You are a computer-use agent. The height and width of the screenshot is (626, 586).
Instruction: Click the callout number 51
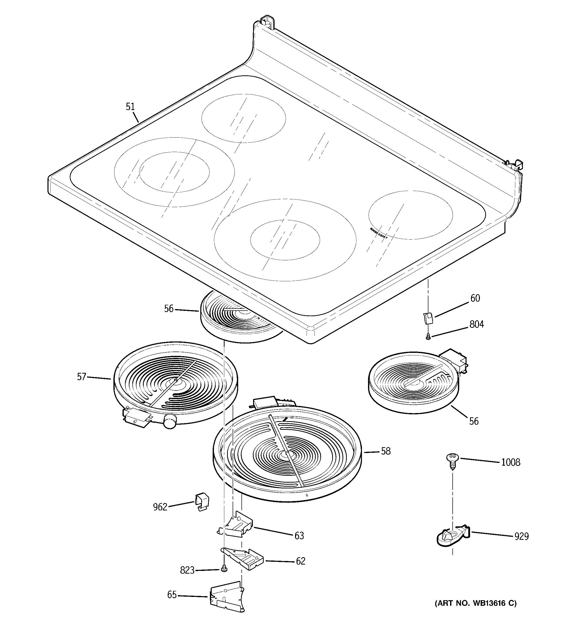130,107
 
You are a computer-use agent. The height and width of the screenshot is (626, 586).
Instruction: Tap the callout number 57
82,377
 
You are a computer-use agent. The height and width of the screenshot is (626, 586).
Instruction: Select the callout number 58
386,451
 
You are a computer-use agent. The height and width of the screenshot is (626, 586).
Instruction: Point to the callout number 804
477,324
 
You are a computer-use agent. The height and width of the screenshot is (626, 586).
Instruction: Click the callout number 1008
510,462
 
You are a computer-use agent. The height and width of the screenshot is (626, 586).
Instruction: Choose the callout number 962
160,507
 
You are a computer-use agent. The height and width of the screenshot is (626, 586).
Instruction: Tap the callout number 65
172,595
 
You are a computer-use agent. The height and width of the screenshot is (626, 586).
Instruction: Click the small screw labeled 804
428,337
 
